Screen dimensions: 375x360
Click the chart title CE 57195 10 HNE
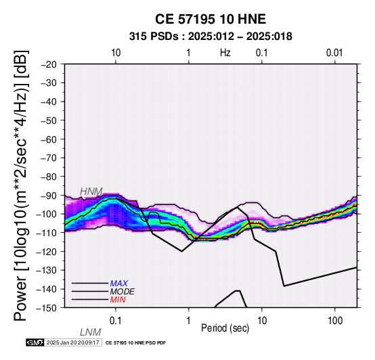(211, 19)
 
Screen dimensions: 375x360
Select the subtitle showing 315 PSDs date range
(211, 37)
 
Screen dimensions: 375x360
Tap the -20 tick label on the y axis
(49, 64)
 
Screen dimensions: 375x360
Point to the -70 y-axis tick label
(49, 158)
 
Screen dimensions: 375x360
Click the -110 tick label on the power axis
(47, 233)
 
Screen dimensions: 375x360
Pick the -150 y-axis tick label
(47, 308)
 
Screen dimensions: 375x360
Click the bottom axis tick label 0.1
(116, 321)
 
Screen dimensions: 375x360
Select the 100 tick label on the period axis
(335, 321)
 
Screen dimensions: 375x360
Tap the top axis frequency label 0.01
(334, 53)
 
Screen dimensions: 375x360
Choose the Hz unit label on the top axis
(225, 53)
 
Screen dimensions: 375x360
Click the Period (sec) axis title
(225, 328)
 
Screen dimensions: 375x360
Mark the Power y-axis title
(21, 185)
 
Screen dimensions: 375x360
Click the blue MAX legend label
(119, 284)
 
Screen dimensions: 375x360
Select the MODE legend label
(123, 292)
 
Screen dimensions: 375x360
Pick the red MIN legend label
(118, 300)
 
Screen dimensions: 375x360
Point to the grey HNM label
(91, 192)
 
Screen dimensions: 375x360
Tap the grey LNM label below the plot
(91, 332)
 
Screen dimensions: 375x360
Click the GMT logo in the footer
(35, 342)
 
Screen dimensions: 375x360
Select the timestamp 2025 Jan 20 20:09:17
(72, 342)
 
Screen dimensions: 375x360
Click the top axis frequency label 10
(116, 53)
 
